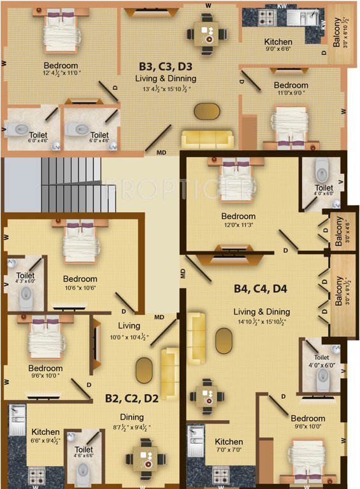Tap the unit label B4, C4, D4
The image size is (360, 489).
[x=261, y=288]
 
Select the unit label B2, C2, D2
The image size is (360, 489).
[x=132, y=399]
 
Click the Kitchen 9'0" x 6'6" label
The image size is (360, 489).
[x=278, y=43]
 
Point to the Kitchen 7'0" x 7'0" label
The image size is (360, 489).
[x=229, y=442]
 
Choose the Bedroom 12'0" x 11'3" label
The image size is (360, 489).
[x=238, y=216]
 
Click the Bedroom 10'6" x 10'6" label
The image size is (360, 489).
[x=80, y=279]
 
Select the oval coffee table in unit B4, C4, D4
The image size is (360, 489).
[x=224, y=340]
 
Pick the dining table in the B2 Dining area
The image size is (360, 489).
[x=145, y=459]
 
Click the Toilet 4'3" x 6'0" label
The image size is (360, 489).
[x=26, y=277]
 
